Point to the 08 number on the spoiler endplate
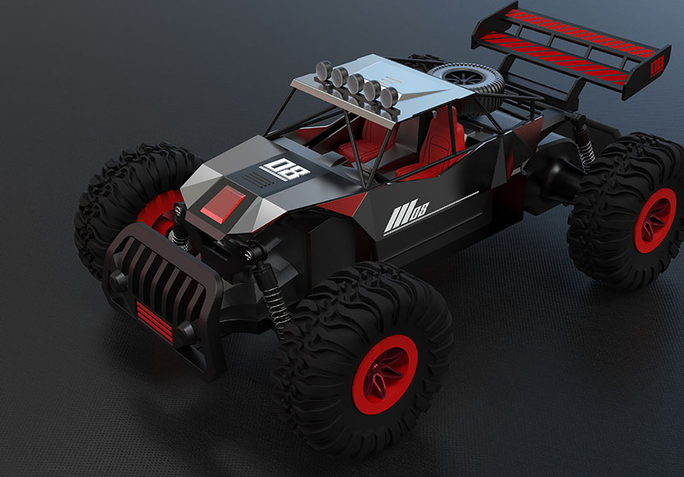(656, 67)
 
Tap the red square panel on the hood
(223, 202)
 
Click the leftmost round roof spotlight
(324, 70)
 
